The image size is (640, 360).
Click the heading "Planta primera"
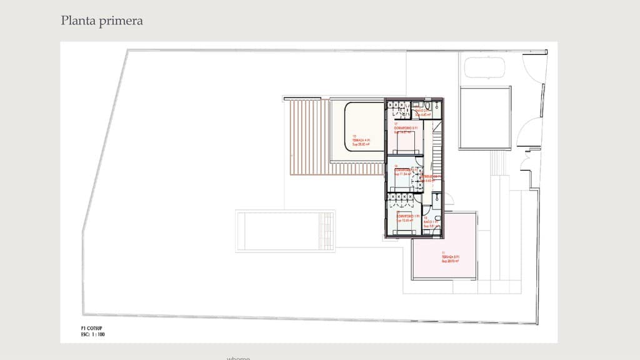102,21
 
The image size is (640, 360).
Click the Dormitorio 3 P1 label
405,128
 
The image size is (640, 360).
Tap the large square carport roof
485,117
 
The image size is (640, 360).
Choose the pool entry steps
326,231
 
